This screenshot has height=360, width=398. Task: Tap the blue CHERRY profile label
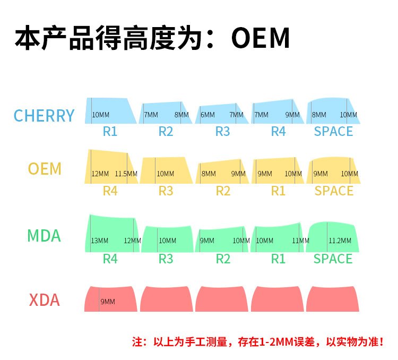pyautogui.click(x=44, y=115)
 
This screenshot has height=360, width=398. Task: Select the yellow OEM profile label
pyautogui.click(x=45, y=169)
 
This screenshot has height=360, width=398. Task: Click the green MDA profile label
pyautogui.click(x=44, y=236)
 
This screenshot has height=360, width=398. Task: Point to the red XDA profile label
pyautogui.click(x=44, y=301)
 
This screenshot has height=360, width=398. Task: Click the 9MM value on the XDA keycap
pyautogui.click(x=108, y=302)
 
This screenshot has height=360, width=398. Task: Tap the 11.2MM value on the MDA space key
pyautogui.click(x=340, y=241)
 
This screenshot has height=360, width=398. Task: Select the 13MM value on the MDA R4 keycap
pyautogui.click(x=100, y=241)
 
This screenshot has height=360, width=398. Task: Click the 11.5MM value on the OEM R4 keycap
pyautogui.click(x=126, y=174)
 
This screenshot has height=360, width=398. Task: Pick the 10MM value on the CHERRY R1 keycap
pyautogui.click(x=101, y=115)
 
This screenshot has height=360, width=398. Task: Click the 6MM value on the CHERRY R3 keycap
pyautogui.click(x=207, y=115)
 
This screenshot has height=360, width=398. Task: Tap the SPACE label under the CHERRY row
pyautogui.click(x=333, y=131)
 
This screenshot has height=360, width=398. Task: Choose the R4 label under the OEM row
pyautogui.click(x=110, y=191)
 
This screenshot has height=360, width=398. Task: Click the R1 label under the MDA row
pyautogui.click(x=278, y=259)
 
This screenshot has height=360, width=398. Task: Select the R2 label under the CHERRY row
pyautogui.click(x=166, y=131)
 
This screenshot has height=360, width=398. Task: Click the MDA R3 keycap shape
pyautogui.click(x=166, y=238)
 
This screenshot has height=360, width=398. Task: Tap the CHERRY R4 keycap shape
pyautogui.click(x=278, y=112)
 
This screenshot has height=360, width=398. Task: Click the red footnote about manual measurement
pyautogui.click(x=257, y=342)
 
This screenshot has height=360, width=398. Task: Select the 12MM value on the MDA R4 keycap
pyautogui.click(x=132, y=241)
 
